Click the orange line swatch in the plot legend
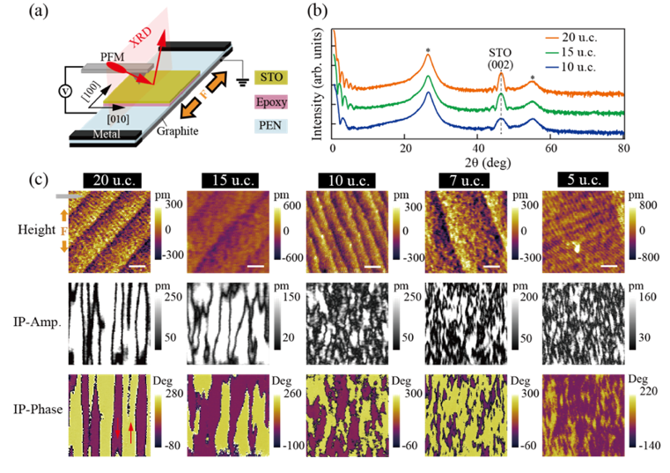pyautogui.click(x=552, y=38)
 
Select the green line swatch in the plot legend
pyautogui.click(x=552, y=51)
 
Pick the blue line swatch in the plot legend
pyautogui.click(x=552, y=64)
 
